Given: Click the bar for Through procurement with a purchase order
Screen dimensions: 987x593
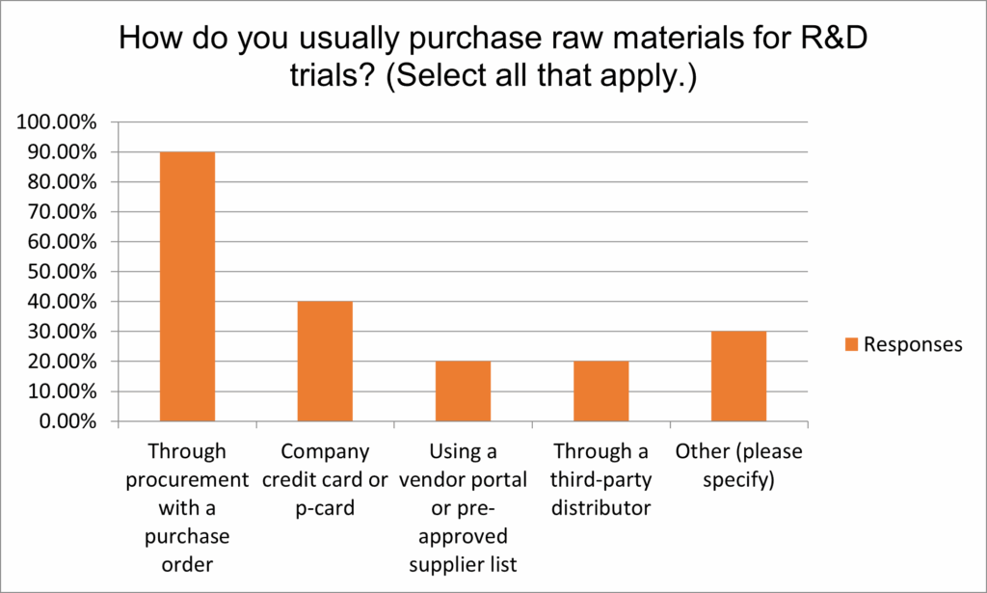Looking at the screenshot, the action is [x=187, y=286].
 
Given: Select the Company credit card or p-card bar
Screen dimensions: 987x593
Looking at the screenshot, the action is [x=325, y=362].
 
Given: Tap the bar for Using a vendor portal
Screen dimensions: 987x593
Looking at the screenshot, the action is [x=463, y=391].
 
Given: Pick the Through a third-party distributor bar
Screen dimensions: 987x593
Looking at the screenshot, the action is [x=600, y=391].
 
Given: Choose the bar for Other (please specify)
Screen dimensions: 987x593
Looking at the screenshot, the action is [x=738, y=376].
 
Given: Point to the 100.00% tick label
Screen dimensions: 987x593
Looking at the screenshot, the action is [x=57, y=122].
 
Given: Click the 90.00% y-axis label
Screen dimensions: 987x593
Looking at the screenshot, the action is [x=62, y=152].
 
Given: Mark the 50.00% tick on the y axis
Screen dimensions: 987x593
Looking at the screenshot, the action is [x=62, y=272].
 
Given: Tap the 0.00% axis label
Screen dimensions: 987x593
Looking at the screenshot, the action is [x=67, y=421].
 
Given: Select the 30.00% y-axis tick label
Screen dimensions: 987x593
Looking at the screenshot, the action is [x=62, y=332].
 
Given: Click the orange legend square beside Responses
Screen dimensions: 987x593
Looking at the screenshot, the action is [x=851, y=344].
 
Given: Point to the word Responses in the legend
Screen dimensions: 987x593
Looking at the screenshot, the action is [x=913, y=344].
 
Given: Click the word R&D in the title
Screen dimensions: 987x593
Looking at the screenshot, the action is [x=834, y=38].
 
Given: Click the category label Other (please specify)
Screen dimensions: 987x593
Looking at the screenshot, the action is [x=738, y=465].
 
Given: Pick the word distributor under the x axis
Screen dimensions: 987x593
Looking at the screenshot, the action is [x=600, y=507].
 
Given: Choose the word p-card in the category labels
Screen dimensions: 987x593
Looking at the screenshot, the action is [x=325, y=508].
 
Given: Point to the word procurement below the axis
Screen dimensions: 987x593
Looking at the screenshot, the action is [x=187, y=480].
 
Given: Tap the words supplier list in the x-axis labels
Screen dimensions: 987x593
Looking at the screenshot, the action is [x=463, y=564].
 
